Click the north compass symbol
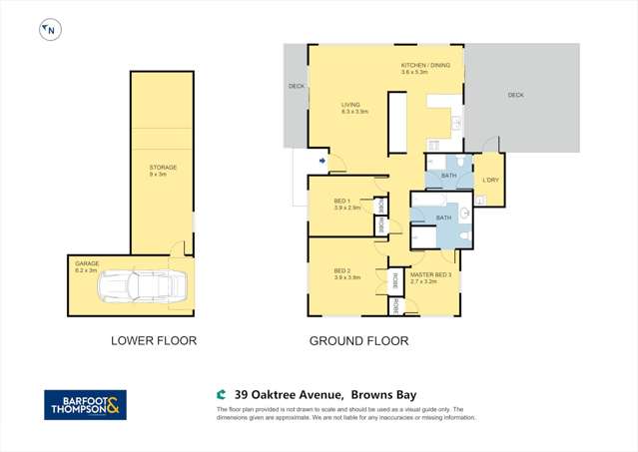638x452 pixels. (49, 31)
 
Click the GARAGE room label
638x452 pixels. (86, 263)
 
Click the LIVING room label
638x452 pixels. (350, 104)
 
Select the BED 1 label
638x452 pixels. (342, 201)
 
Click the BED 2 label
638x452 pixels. (342, 270)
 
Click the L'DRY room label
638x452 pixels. (490, 180)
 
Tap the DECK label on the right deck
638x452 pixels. (515, 95)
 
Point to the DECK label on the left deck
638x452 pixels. (296, 86)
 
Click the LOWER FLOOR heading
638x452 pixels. (153, 340)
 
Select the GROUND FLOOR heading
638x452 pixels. (358, 340)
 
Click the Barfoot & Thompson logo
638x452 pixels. (86, 404)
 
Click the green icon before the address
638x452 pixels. (222, 394)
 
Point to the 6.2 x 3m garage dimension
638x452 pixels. (86, 270)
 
